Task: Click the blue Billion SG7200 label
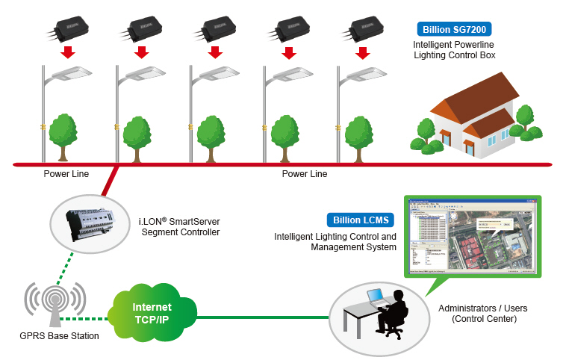tap(453, 31)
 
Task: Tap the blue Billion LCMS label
tap(359, 220)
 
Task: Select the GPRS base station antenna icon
tap(53, 305)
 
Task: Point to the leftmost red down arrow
tap(68, 52)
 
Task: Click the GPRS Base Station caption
tap(60, 336)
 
